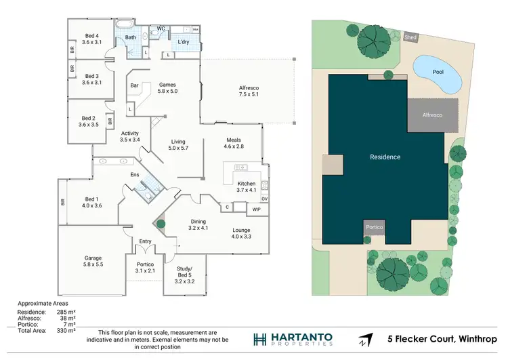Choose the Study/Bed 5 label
[185, 275]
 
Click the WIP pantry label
[255, 209]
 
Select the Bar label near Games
[134, 85]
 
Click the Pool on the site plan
[438, 73]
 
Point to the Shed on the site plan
[410, 37]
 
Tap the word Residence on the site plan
[385, 157]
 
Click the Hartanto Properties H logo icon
[259, 339]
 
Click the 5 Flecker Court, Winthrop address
[442, 339]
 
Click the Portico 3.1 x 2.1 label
[145, 267]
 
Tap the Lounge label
[241, 233]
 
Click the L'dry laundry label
[183, 43]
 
